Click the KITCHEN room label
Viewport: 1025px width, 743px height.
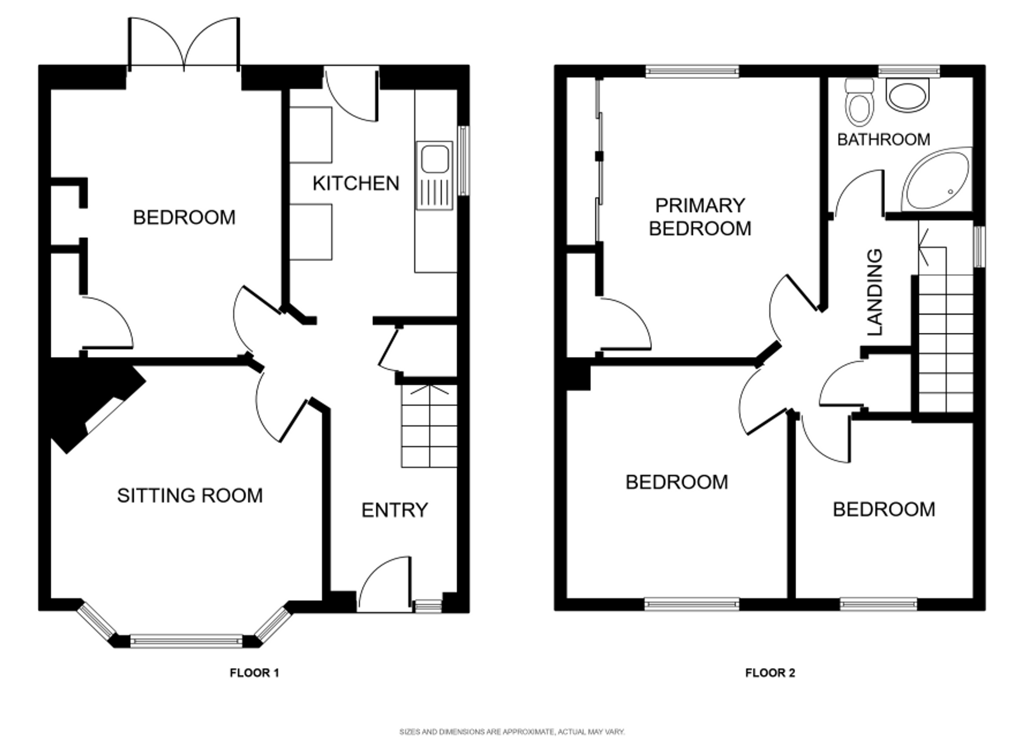click(x=356, y=183)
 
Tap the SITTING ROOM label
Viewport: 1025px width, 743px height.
click(x=190, y=496)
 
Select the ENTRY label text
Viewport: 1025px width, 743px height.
click(x=395, y=510)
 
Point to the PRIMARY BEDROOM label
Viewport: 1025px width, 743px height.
click(x=700, y=217)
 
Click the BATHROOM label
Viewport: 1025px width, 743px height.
click(x=884, y=139)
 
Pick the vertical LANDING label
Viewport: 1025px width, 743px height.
click(x=875, y=292)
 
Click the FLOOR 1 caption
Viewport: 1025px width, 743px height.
click(x=254, y=673)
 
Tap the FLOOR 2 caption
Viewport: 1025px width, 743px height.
click(x=770, y=673)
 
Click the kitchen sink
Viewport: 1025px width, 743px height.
click(x=435, y=176)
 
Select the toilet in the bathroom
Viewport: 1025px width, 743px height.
click(x=859, y=102)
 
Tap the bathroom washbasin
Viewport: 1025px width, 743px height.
click(x=908, y=94)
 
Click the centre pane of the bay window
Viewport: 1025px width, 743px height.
click(x=186, y=640)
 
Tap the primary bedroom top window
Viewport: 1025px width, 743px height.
click(x=692, y=71)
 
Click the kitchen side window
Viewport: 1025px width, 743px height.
click(x=463, y=161)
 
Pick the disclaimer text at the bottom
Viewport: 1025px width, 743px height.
click(x=512, y=732)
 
